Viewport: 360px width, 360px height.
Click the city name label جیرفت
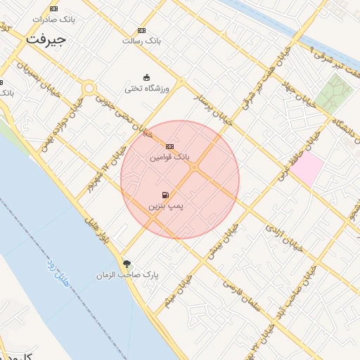coord(46,39)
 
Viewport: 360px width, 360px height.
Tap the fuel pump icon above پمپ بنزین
coord(165,195)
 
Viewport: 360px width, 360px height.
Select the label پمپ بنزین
coord(165,207)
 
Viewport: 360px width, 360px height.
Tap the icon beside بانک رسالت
coord(141,31)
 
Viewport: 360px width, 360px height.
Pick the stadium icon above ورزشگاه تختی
coord(146,77)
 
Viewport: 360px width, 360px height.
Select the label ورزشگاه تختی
coord(143,89)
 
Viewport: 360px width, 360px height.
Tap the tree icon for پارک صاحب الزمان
coord(127,264)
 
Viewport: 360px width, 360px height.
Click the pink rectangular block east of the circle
coord(308,169)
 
